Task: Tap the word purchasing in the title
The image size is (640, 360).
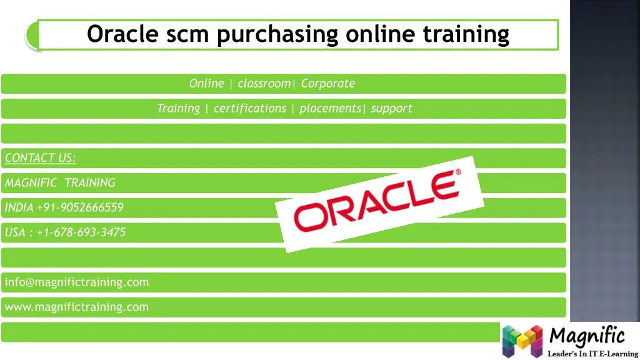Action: [279, 34]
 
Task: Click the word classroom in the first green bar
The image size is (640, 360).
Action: [264, 84]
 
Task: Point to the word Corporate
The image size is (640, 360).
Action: [327, 84]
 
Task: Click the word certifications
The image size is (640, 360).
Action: [249, 109]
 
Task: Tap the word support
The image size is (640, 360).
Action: [391, 109]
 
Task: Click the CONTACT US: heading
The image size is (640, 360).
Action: [40, 158]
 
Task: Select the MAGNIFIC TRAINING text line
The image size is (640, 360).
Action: [60, 183]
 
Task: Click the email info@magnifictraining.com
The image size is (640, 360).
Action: [76, 282]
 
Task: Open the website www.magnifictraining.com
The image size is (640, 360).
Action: [76, 307]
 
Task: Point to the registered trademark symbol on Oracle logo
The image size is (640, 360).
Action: [458, 172]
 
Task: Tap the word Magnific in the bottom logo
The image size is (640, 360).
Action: [586, 336]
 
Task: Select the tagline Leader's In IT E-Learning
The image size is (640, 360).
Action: [592, 354]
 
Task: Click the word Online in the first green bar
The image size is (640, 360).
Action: [206, 84]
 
